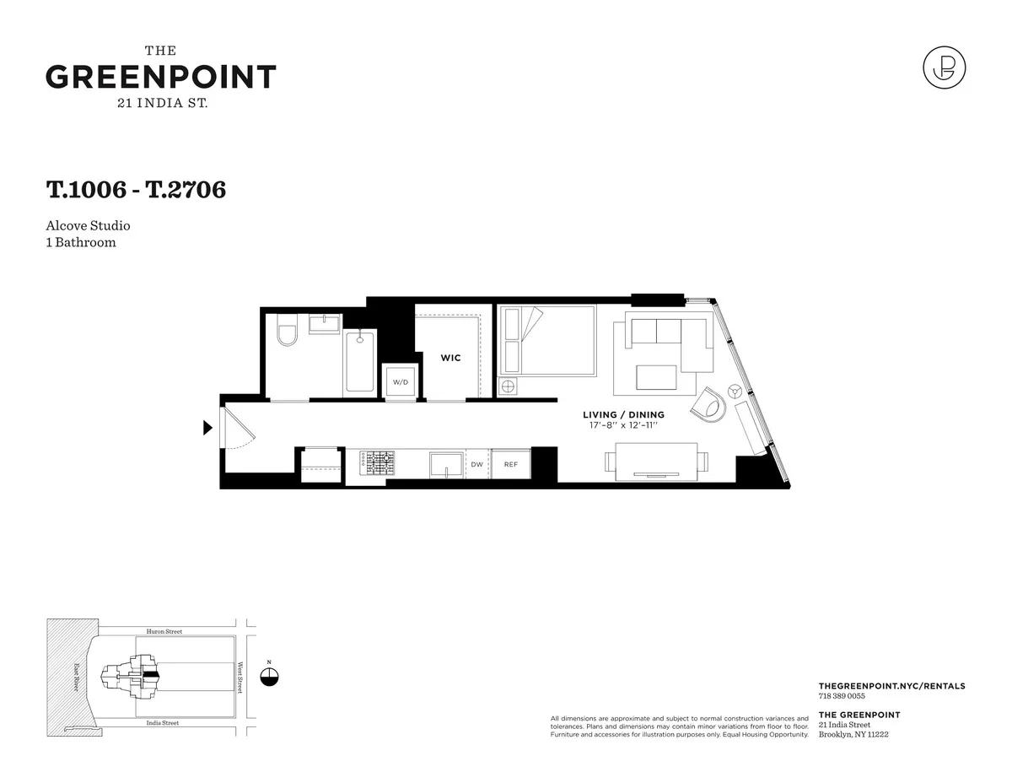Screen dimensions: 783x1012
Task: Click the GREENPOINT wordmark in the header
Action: pos(160,78)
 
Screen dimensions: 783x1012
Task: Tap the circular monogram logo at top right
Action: pos(944,67)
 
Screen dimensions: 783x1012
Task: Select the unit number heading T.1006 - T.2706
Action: pos(136,190)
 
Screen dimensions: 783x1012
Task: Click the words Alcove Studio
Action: pos(89,226)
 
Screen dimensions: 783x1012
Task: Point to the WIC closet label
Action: pos(450,358)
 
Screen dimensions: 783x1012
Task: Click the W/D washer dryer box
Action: pos(400,381)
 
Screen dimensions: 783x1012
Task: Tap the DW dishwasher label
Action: pos(476,465)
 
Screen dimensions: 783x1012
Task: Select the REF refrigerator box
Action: pos(511,465)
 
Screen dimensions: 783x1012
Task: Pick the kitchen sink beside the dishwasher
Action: pos(446,465)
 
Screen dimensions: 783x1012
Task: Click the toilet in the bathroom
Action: pos(288,335)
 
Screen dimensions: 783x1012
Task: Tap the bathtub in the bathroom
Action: pos(360,361)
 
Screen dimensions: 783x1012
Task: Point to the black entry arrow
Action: pos(207,428)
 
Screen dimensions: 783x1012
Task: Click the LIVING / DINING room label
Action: pos(623,415)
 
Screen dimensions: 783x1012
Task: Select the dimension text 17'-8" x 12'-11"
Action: pos(623,426)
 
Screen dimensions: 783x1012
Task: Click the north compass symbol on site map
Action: pos(269,677)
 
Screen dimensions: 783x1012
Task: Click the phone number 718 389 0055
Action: pos(841,696)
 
